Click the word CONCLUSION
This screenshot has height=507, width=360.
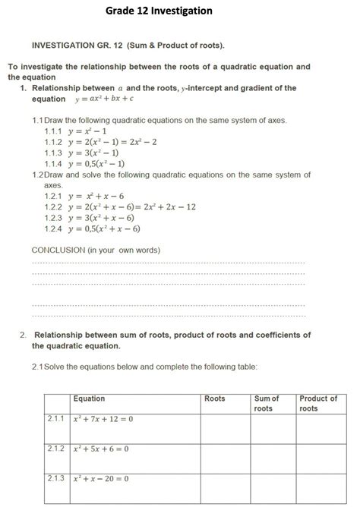pyautogui.click(x=58, y=250)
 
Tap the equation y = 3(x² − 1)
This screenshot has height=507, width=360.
pyautogui.click(x=97, y=153)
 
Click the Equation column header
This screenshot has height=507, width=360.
pyautogui.click(x=90, y=398)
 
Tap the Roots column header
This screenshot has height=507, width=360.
pyautogui.click(x=215, y=398)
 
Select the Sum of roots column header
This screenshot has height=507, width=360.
pyautogui.click(x=267, y=403)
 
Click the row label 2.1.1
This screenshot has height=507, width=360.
pyautogui.click(x=55, y=419)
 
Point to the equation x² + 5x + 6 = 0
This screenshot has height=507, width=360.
pyautogui.click(x=101, y=449)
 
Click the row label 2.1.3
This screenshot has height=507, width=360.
pyautogui.click(x=55, y=479)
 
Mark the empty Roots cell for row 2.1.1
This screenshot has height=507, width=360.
pyautogui.click(x=224, y=429)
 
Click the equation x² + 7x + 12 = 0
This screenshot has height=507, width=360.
pyautogui.click(x=103, y=419)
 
